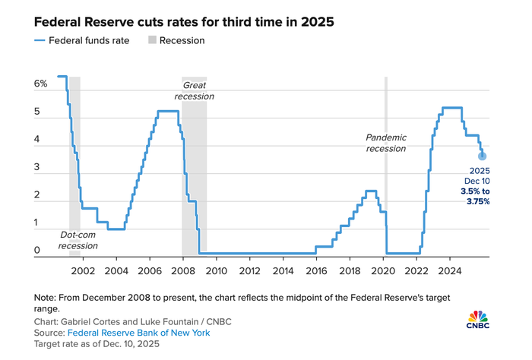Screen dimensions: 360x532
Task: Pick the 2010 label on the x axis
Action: coord(216,270)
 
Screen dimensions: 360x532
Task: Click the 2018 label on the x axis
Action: coord(350,270)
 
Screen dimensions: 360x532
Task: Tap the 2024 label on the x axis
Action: coord(450,270)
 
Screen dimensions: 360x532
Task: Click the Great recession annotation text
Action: coord(194,91)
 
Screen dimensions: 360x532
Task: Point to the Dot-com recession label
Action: coord(79,240)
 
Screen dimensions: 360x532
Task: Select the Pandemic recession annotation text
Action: coord(386,143)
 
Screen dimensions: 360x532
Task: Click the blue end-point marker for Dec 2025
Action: coord(482,156)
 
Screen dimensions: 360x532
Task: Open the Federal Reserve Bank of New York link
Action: coord(138,333)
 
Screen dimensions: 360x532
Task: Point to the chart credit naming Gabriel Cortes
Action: coord(133,321)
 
